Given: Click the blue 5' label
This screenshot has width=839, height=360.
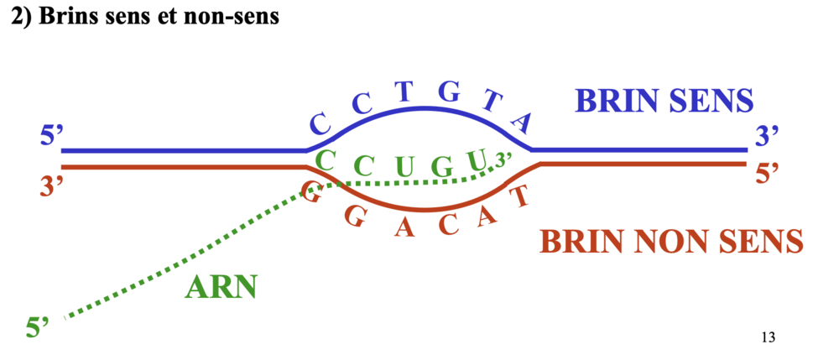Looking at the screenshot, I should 51,134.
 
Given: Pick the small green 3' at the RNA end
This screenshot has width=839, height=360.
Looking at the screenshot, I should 503,157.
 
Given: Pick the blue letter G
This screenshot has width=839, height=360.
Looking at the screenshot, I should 450,93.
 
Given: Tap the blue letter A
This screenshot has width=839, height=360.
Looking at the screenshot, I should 522,123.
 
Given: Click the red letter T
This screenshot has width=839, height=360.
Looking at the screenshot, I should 520,197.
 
